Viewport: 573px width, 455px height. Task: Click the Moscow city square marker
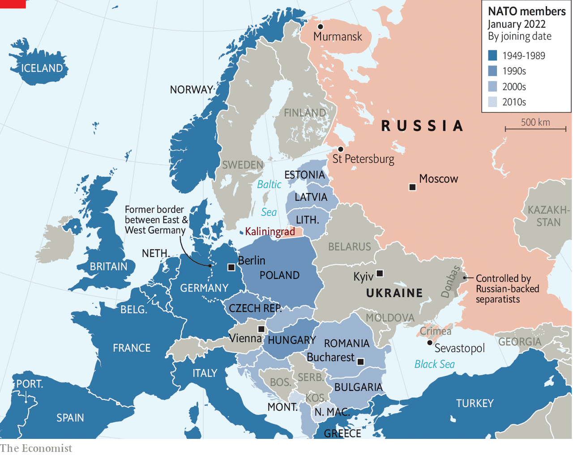pos(412,187)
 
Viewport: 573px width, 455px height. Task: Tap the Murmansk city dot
pos(320,27)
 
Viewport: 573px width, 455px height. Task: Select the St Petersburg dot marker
pos(341,149)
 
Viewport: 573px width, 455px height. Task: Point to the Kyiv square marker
pos(380,273)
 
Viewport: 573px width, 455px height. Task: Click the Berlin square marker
pos(231,267)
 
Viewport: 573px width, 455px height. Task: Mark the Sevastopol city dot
pos(430,343)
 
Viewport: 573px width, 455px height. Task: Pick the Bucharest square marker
pos(361,361)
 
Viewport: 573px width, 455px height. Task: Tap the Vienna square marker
pos(261,329)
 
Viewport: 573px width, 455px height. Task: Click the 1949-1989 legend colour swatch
pos(492,56)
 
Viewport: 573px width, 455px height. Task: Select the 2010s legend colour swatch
pos(492,102)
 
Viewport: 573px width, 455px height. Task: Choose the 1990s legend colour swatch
pos(492,71)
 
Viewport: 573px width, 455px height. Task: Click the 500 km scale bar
pos(535,129)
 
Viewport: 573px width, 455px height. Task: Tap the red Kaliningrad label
pos(270,232)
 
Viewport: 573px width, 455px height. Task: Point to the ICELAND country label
pos(42,68)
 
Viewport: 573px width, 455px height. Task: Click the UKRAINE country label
pos(394,293)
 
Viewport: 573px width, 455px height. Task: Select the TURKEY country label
pos(475,403)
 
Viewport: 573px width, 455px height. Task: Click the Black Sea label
pos(434,364)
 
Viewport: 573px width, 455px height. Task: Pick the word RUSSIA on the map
pos(422,126)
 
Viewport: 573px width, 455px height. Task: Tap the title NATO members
pos(526,11)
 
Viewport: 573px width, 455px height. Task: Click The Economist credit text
pos(36,448)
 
